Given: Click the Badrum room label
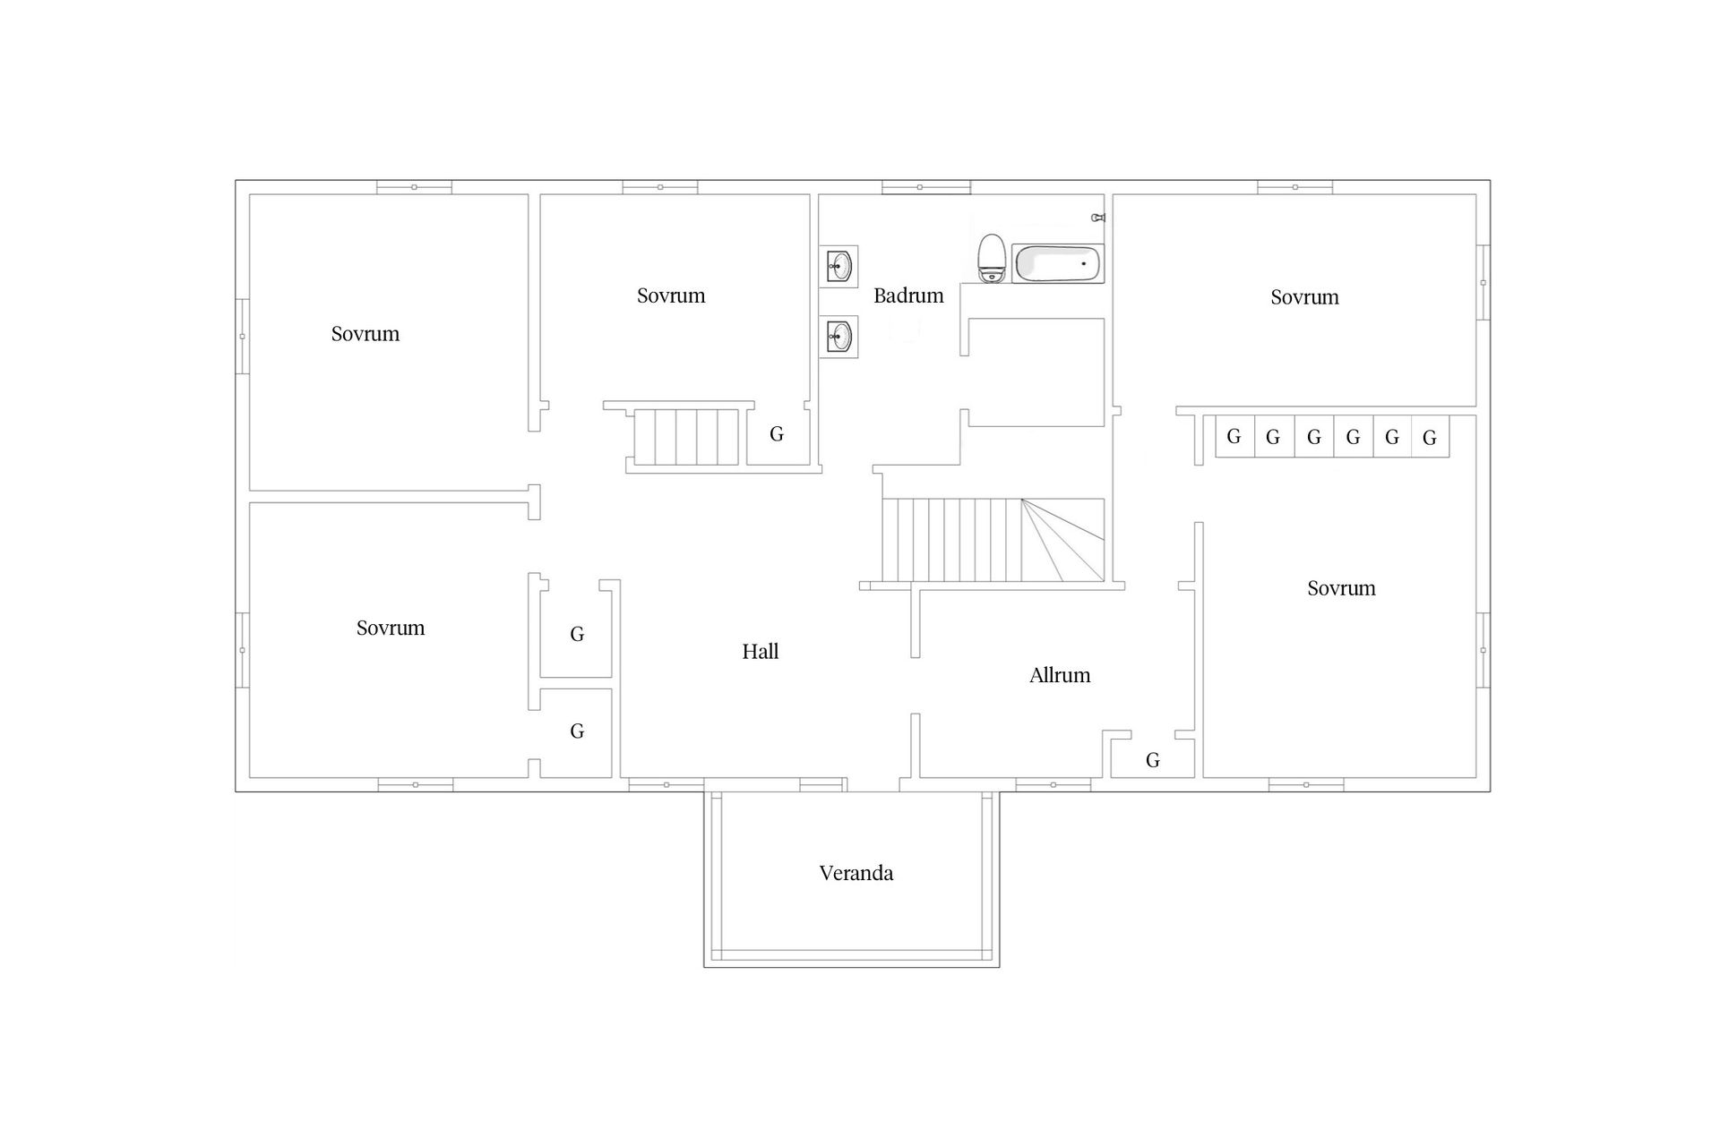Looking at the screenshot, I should (908, 295).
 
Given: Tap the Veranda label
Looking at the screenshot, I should (856, 873).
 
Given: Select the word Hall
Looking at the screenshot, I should (760, 652).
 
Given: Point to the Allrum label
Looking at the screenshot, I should (1060, 675).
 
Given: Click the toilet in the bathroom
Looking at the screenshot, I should (991, 259).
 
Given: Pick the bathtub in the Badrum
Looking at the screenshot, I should (1057, 264).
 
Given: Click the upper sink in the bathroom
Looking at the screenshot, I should (838, 265).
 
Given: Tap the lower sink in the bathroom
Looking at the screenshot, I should (838, 338).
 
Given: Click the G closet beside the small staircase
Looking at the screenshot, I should (777, 434).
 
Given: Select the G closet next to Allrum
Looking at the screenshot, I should (1153, 760).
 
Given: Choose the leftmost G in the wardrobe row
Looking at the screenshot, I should (1234, 437).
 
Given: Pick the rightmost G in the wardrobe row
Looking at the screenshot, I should (1430, 438).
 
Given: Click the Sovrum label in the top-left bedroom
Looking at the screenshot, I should (365, 334).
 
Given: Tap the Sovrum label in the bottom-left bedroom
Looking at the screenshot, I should (391, 628).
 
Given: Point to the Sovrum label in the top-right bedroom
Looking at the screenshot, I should (1304, 297).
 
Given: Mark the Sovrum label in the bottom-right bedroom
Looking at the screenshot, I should (1341, 588).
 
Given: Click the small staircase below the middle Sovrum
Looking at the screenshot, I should (686, 437).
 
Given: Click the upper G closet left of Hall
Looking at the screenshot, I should (577, 635).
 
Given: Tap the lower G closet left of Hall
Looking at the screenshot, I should (577, 731).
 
